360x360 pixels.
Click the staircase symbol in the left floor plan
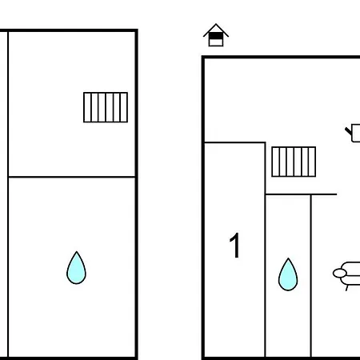click(106, 107)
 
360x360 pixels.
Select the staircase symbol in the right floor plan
click(294, 162)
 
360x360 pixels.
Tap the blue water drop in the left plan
click(76, 268)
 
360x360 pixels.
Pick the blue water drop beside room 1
click(288, 274)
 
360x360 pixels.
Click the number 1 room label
click(235, 246)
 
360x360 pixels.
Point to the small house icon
click(216, 35)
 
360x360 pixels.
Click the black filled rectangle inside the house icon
click(216, 36)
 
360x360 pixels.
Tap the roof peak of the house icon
click(216, 24)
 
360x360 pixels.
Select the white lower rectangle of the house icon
click(216, 42)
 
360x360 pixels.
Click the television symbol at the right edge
click(354, 133)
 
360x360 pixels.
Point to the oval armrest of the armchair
click(340, 274)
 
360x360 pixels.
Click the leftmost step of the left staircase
click(87, 107)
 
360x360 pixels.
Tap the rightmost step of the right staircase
click(312, 162)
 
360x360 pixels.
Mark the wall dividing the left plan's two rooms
click(72, 177)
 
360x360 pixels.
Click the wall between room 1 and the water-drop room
click(265, 250)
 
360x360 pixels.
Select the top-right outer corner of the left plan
click(138, 29)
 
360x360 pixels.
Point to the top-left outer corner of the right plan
click(202, 56)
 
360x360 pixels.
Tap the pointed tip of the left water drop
click(77, 251)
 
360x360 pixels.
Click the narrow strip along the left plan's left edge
click(4, 194)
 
